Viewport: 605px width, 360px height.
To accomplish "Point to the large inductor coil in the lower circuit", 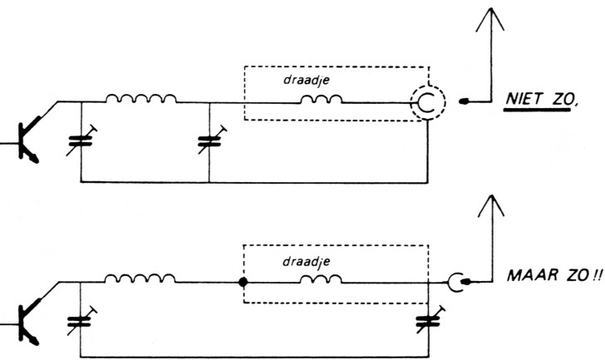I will click(140, 279).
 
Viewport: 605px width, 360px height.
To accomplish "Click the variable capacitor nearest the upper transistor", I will click(81, 138).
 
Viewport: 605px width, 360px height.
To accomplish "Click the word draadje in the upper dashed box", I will click(308, 81).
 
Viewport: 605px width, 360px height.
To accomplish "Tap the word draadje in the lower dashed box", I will click(308, 262).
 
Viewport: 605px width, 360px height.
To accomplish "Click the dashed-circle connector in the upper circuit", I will click(427, 102).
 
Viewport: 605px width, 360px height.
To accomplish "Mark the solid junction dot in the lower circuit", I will click(243, 282).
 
